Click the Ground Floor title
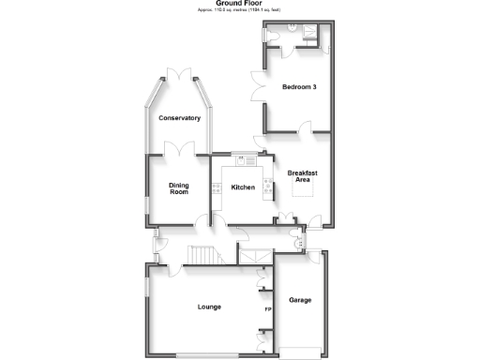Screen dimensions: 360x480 tap(239, 4)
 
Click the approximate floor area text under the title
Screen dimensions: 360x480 tap(239, 10)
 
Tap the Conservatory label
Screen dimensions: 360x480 tap(179, 118)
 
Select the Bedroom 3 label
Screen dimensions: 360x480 tap(299, 87)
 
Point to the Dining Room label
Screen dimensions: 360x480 tap(178, 188)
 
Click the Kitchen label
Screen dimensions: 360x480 tap(243, 188)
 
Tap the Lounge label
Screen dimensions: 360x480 tap(209, 307)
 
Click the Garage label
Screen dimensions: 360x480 tap(300, 300)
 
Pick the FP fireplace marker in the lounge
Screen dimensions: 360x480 tap(267, 309)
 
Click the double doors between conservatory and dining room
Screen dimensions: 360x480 tap(178, 148)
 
